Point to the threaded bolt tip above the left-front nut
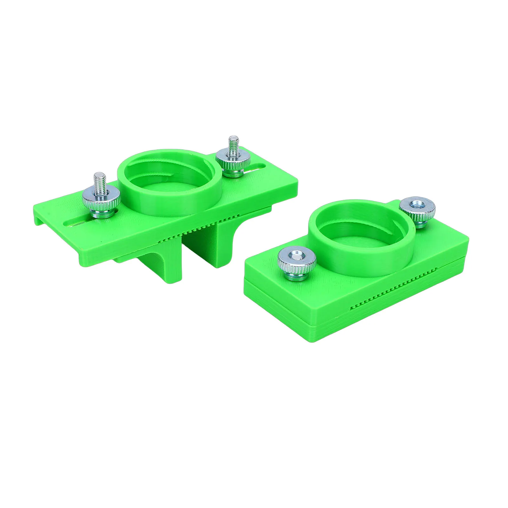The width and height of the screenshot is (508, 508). (x=99, y=181)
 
